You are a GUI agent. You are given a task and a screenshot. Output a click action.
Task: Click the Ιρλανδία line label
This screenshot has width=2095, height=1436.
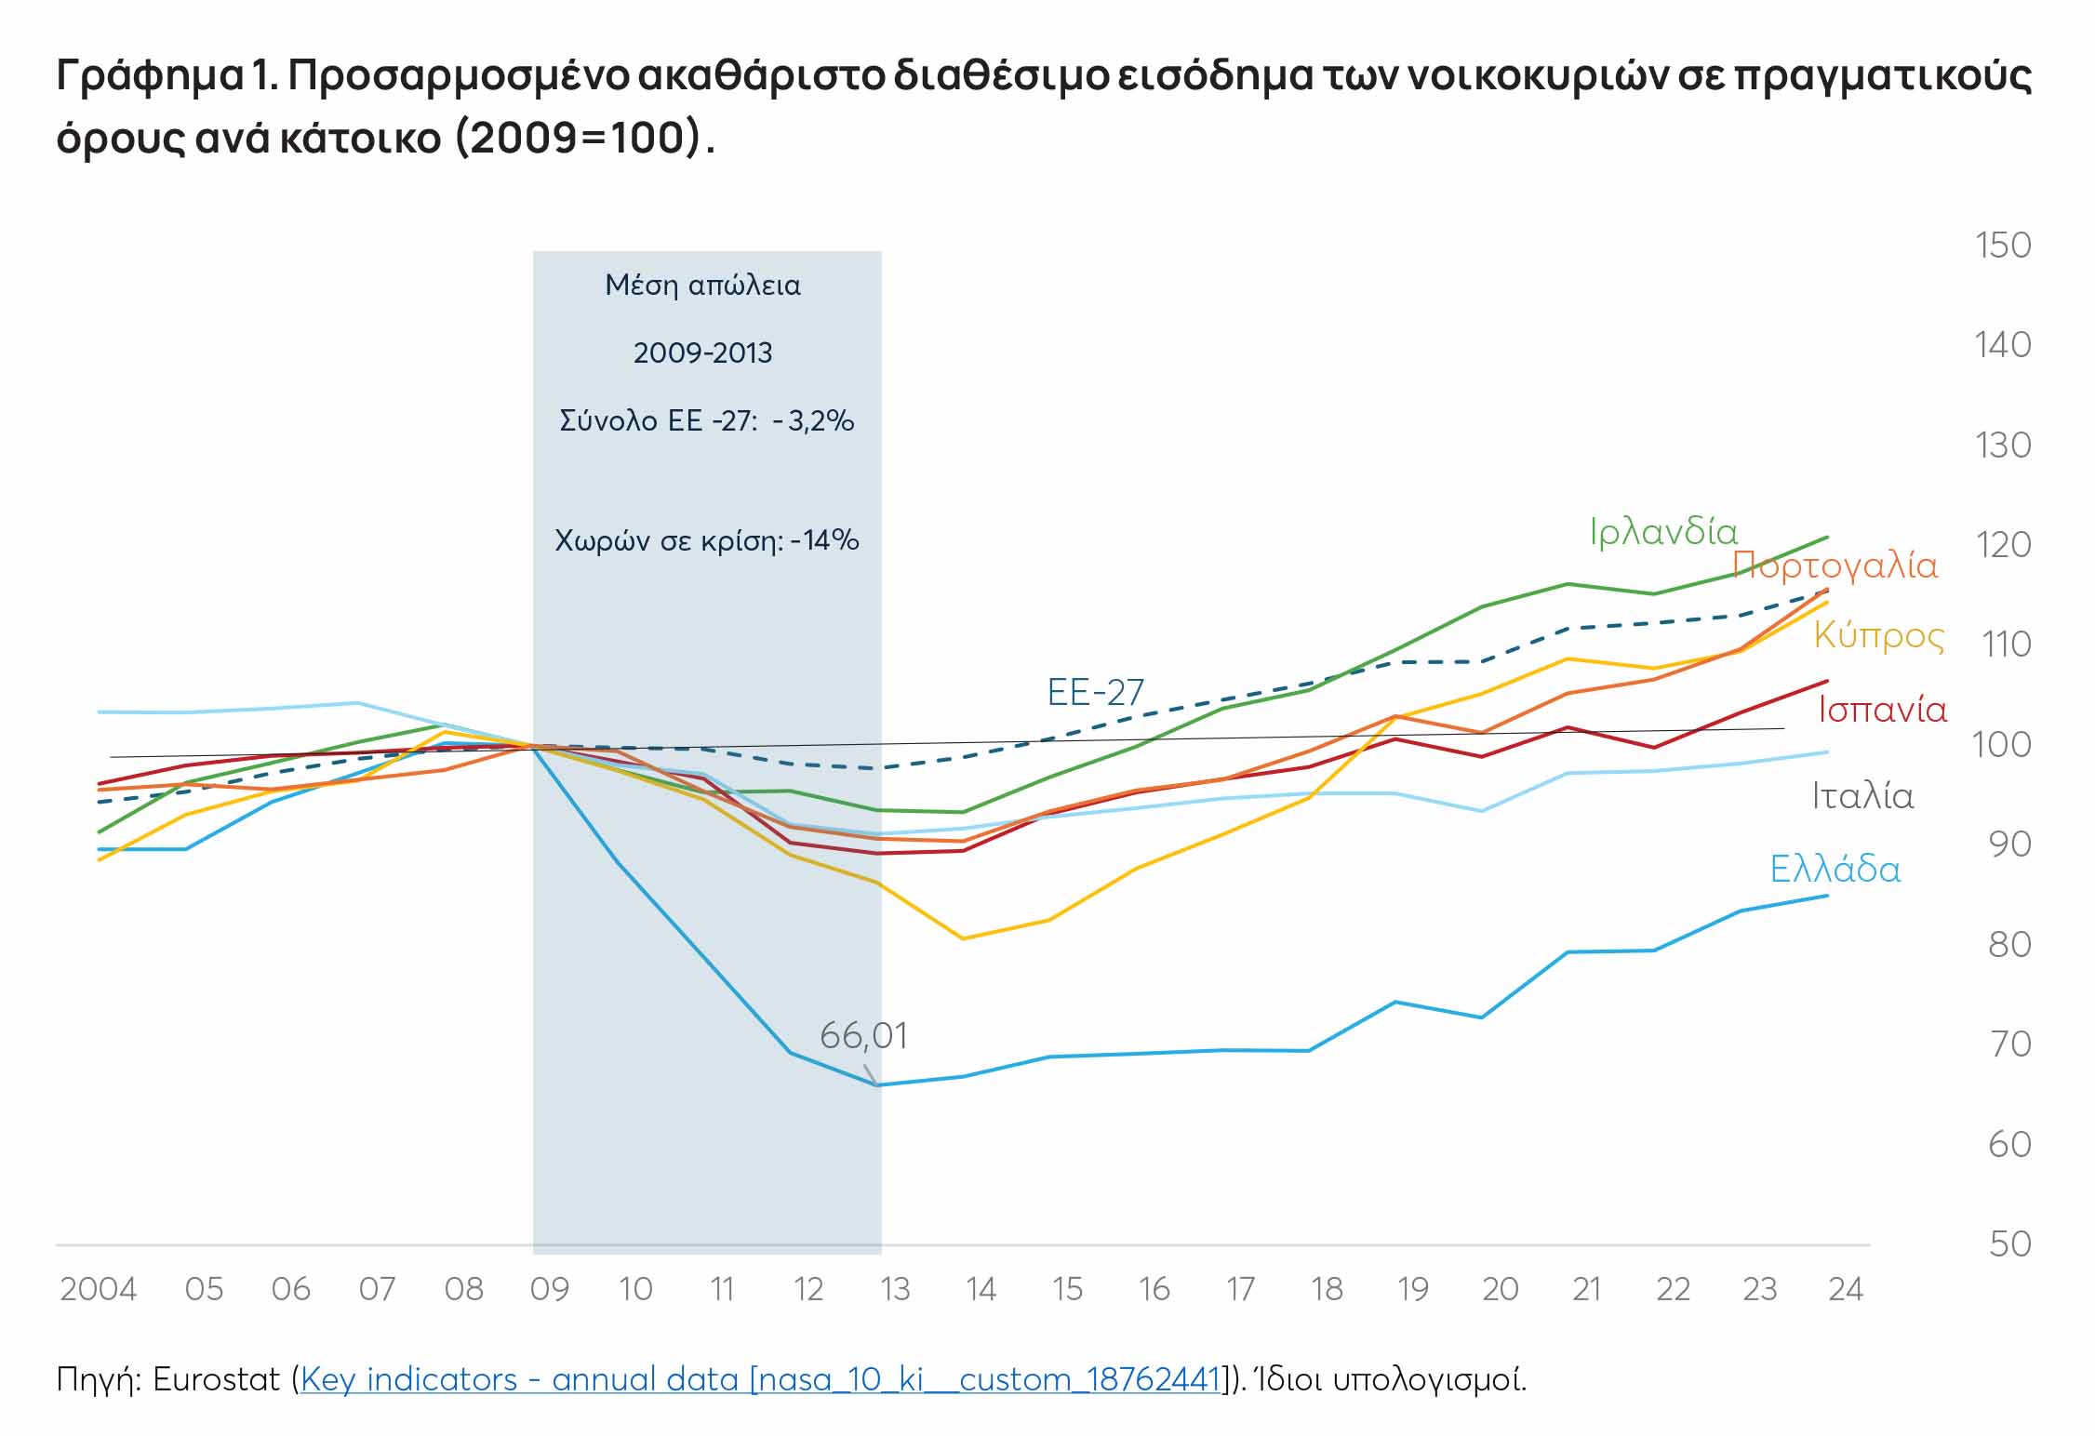pyautogui.click(x=1663, y=533)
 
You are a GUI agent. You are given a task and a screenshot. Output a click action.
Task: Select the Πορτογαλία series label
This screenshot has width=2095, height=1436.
pyautogui.click(x=1835, y=566)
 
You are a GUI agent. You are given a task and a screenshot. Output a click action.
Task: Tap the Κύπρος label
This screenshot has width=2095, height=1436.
pyautogui.click(x=1878, y=636)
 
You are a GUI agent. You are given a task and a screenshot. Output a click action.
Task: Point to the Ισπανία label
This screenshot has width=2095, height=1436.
pyautogui.click(x=1882, y=711)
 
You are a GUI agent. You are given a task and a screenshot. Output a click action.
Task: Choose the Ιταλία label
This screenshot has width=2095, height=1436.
pyautogui.click(x=1862, y=797)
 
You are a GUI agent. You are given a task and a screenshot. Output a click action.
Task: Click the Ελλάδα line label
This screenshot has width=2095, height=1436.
pyautogui.click(x=1835, y=870)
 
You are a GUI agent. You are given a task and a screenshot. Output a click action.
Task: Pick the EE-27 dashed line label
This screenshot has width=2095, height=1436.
pyautogui.click(x=1095, y=693)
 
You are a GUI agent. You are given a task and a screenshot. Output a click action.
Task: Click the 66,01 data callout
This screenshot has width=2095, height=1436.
pyautogui.click(x=863, y=1036)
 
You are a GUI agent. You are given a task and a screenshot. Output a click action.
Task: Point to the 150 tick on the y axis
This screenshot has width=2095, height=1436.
pyautogui.click(x=2003, y=246)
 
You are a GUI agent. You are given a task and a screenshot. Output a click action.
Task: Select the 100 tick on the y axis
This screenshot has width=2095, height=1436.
pyautogui.click(x=2002, y=745)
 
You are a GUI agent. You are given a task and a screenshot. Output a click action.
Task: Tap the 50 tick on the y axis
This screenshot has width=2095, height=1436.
pyautogui.click(x=2009, y=1244)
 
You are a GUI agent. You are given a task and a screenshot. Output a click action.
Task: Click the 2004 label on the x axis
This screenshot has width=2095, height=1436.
pyautogui.click(x=99, y=1290)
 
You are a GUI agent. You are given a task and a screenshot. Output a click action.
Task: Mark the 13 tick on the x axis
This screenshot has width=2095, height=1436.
pyautogui.click(x=895, y=1290)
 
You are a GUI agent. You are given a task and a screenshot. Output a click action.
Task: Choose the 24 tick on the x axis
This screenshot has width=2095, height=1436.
pyautogui.click(x=1846, y=1290)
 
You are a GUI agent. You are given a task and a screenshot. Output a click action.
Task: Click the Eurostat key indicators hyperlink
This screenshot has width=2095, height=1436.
pyautogui.click(x=761, y=1379)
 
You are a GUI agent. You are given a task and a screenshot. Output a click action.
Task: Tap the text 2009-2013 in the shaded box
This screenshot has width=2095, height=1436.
pyautogui.click(x=702, y=353)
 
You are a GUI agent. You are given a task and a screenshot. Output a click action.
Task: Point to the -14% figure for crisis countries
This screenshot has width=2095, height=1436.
pyautogui.click(x=824, y=541)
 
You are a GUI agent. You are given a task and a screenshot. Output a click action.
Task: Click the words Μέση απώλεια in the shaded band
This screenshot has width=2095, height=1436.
pyautogui.click(x=702, y=286)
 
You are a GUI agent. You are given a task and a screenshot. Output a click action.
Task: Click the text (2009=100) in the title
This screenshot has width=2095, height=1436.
pyautogui.click(x=578, y=139)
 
